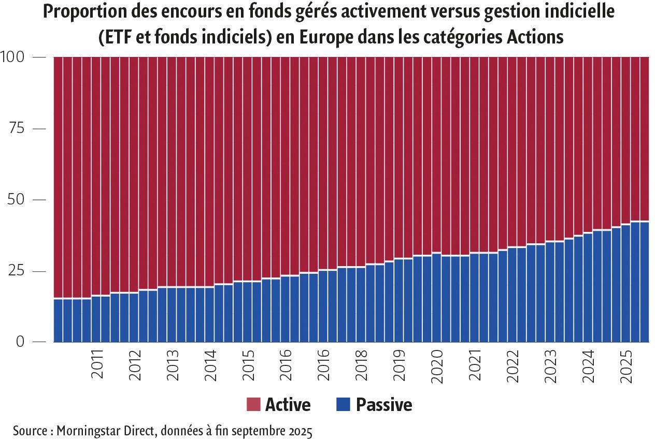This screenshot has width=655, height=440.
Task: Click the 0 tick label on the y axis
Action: (21, 342)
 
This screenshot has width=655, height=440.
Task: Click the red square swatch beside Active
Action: (253, 404)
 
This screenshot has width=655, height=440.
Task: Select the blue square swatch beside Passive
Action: (343, 404)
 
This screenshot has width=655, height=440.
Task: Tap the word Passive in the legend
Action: (384, 404)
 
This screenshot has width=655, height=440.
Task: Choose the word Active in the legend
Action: (288, 404)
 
